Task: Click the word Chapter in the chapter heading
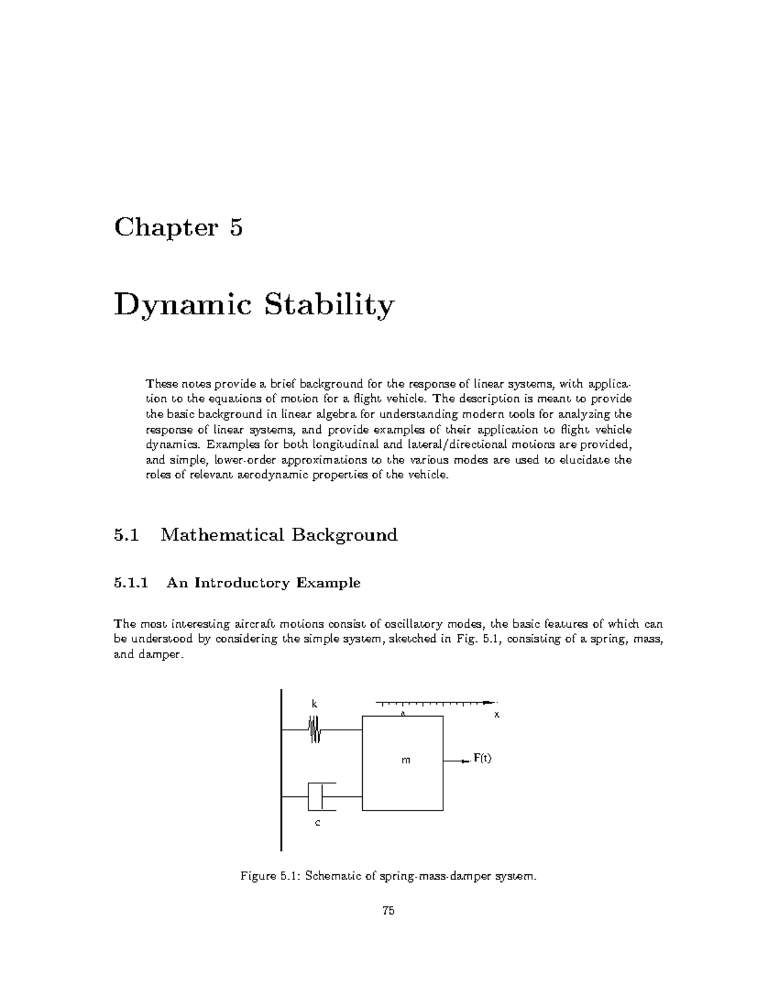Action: click(165, 228)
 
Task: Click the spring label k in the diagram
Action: click(314, 704)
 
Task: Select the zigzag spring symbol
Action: click(315, 730)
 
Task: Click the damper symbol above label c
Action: click(318, 796)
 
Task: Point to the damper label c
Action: click(317, 823)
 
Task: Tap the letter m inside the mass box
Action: click(406, 760)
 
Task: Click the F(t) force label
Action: click(482, 758)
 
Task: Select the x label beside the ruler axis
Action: click(497, 714)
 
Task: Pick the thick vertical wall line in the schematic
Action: click(281, 769)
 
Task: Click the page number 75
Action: click(388, 911)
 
